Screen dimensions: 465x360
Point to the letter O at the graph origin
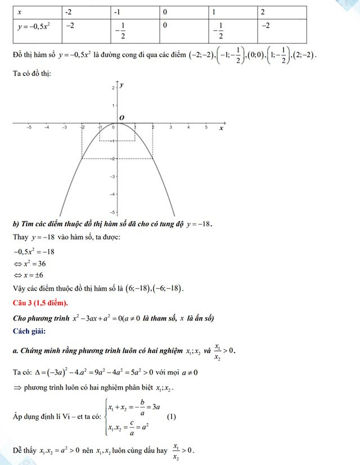[x=119, y=117]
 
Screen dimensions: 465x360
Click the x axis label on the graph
[x=221, y=129]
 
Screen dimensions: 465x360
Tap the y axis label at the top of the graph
[x=122, y=85]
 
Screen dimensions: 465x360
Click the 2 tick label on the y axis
[x=113, y=88]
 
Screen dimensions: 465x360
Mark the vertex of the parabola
[x=117, y=124]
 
